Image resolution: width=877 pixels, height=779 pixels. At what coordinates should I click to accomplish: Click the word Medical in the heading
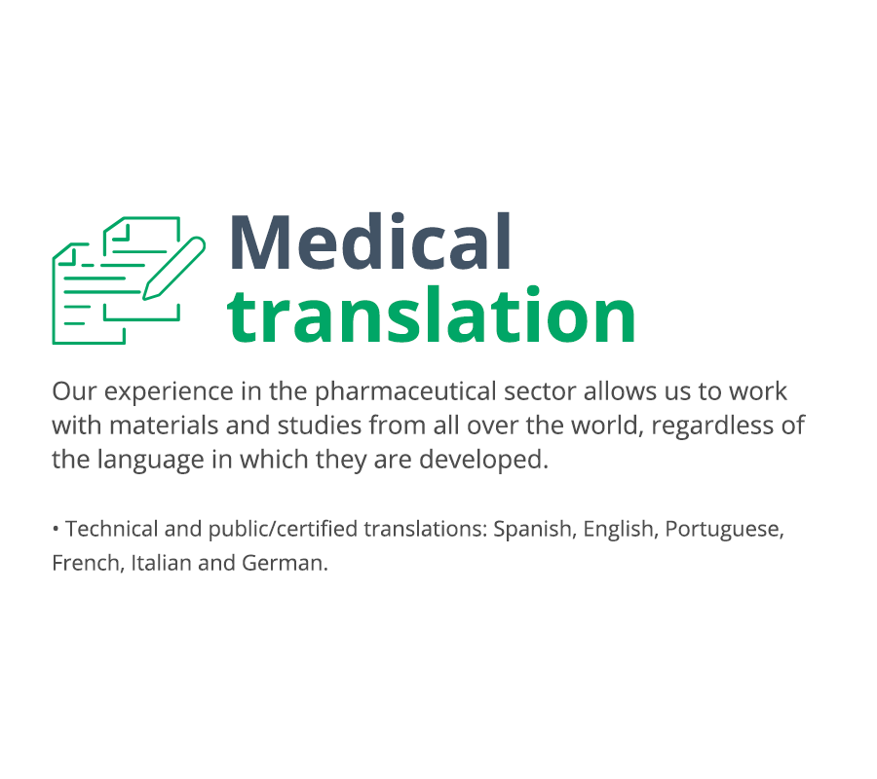(369, 241)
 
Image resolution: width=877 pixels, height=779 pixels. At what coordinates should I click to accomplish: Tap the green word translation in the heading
(432, 314)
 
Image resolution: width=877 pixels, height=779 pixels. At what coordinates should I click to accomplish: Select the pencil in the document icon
(174, 268)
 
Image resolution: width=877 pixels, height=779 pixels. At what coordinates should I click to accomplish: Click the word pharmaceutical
(405, 392)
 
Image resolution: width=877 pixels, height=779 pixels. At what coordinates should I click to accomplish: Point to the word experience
(169, 392)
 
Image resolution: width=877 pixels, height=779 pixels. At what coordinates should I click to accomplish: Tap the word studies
(320, 426)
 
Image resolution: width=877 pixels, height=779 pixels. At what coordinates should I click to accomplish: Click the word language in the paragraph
(150, 461)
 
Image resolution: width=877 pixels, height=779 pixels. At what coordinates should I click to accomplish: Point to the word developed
(483, 461)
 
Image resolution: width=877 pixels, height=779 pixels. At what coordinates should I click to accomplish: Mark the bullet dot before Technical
(56, 528)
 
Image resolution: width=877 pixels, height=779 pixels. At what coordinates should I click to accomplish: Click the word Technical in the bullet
(112, 529)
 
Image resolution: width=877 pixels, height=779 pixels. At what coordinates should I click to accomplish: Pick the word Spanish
(534, 530)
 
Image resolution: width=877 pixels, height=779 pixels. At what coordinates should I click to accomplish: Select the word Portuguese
(724, 530)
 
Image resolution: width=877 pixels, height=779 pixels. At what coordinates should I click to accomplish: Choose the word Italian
(161, 563)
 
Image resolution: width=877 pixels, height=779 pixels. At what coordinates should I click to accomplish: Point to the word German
(285, 563)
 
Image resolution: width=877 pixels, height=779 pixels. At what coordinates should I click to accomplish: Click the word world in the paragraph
(607, 427)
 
